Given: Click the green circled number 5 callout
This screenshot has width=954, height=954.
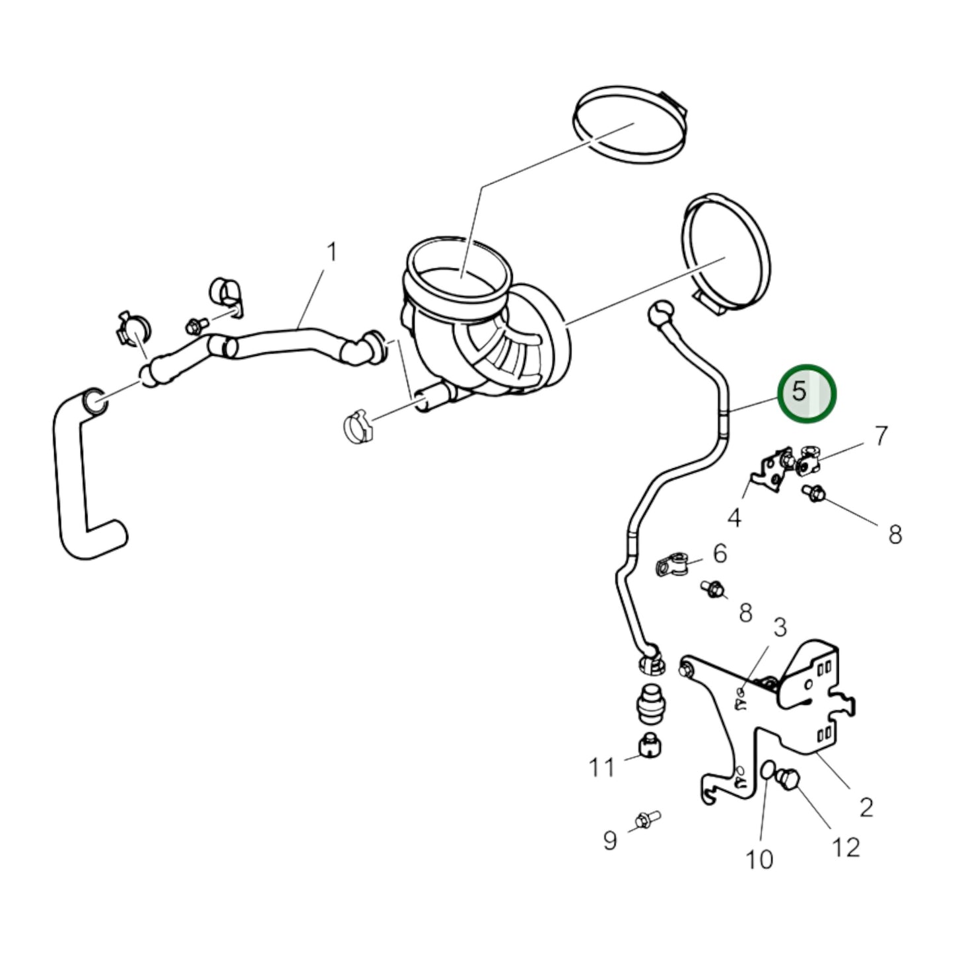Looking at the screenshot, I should click(x=806, y=394).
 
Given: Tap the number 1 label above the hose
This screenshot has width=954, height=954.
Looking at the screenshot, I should click(x=332, y=252).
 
